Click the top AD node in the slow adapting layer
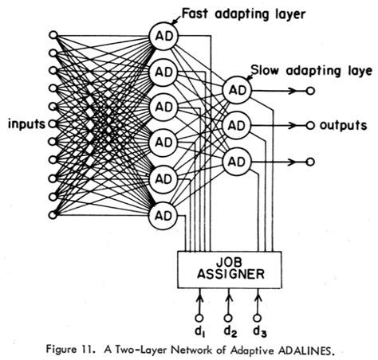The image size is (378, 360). (x=238, y=90)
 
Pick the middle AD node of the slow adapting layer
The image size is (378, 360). (x=238, y=126)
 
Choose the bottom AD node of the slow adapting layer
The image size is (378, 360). (x=238, y=162)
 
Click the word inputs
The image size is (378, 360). (x=26, y=125)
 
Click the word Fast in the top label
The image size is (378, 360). (x=197, y=12)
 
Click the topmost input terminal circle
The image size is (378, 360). (x=53, y=36)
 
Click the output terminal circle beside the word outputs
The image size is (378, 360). (x=311, y=126)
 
